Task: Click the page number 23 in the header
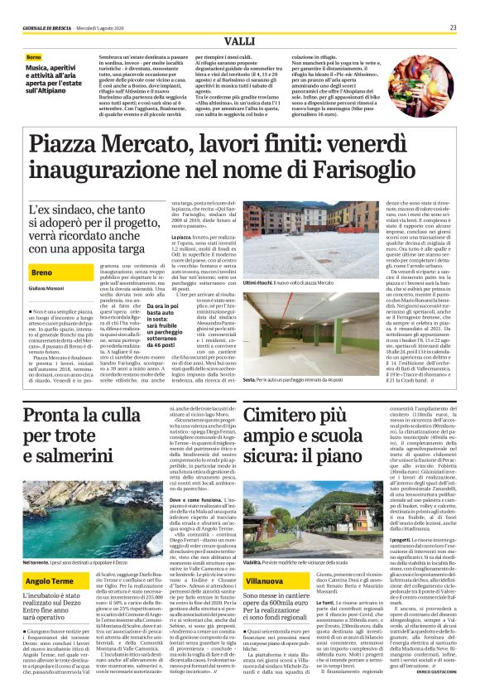coord(454,27)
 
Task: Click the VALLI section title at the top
coord(240,41)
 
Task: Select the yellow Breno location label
coord(42,271)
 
